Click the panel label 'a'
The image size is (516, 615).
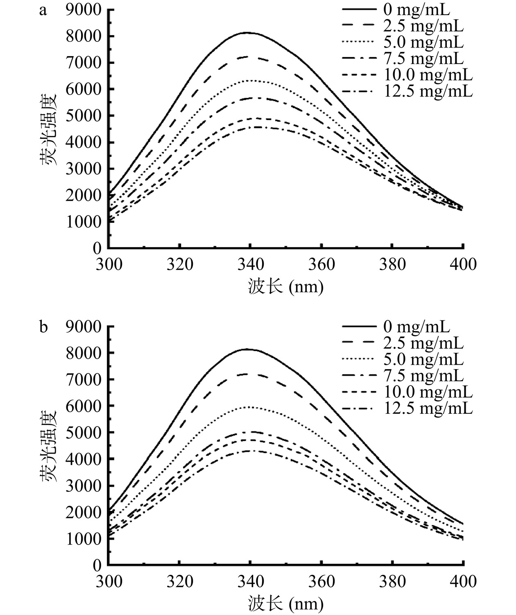point(43,11)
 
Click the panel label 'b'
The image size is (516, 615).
point(43,328)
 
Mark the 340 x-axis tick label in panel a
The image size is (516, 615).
point(251,264)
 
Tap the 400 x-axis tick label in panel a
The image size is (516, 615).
point(463,264)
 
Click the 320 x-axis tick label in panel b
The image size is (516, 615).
point(179,581)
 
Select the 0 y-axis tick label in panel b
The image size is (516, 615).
point(97,565)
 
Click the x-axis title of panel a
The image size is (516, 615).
point(285,286)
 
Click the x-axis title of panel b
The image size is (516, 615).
point(285,604)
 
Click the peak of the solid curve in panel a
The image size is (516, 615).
point(247,33)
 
